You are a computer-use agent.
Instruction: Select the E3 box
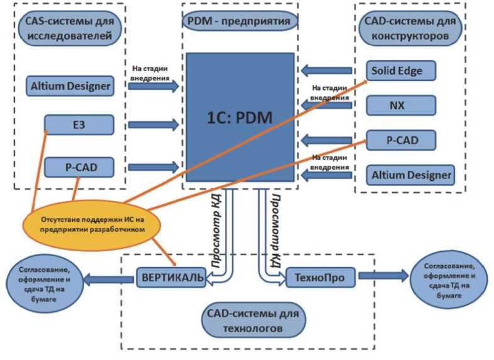click(x=79, y=124)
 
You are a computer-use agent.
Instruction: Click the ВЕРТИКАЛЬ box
click(x=171, y=276)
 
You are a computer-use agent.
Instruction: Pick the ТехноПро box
click(x=321, y=276)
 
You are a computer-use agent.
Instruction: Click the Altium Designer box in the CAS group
click(x=70, y=85)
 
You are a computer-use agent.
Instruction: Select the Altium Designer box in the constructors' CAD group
click(x=411, y=175)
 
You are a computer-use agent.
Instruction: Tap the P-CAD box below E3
click(x=79, y=167)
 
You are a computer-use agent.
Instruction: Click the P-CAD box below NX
click(x=402, y=139)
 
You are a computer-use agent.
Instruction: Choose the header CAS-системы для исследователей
click(x=70, y=28)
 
